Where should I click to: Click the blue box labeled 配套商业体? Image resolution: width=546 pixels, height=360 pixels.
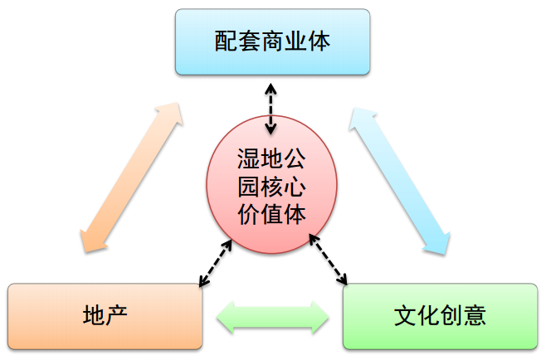coord(272,41)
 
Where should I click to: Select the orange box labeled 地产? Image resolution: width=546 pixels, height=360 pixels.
coord(105,315)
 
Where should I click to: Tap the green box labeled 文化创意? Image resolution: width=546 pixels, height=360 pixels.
coord(440,315)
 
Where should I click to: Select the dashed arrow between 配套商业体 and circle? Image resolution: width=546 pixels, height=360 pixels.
coord(271,106)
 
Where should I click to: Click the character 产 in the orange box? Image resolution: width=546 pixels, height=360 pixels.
coord(117,315)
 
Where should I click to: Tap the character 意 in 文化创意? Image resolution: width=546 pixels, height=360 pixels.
coord(474,315)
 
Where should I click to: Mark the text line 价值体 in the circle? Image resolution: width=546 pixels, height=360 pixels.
coord(272,213)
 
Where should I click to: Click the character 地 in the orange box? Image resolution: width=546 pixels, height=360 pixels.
coord(94,315)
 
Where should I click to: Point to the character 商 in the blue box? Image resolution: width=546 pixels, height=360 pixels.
coord(272,41)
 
